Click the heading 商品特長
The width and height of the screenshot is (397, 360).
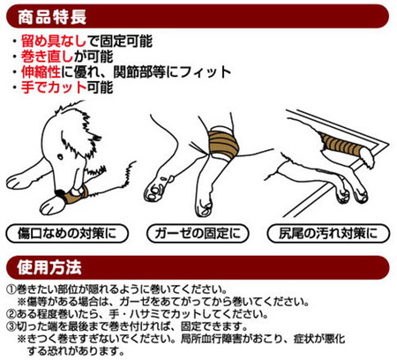pos(52,17)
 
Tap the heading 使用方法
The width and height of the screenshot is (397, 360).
pos(49,267)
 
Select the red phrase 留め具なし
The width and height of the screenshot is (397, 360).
pos(54,41)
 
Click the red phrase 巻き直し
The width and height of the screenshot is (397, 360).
pos(48,56)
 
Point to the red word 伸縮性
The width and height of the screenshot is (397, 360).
pos(41,71)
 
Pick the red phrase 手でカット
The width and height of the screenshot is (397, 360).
pos(54,87)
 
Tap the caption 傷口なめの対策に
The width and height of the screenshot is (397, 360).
pos(67,234)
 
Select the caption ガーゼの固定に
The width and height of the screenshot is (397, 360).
pos(198,234)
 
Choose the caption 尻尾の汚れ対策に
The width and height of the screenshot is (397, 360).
pos(328,234)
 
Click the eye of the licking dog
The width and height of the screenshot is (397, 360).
pos(60,157)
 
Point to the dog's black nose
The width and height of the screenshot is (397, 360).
pos(61,193)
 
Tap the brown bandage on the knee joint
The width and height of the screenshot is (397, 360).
pos(223,144)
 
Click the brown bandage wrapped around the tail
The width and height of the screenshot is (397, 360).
pos(341,145)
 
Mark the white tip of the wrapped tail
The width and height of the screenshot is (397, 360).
pos(367,157)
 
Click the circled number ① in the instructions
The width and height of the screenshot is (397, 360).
pos(11,289)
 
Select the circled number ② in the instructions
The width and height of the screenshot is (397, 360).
pos(11,314)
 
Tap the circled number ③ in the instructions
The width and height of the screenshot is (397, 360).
pos(11,326)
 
